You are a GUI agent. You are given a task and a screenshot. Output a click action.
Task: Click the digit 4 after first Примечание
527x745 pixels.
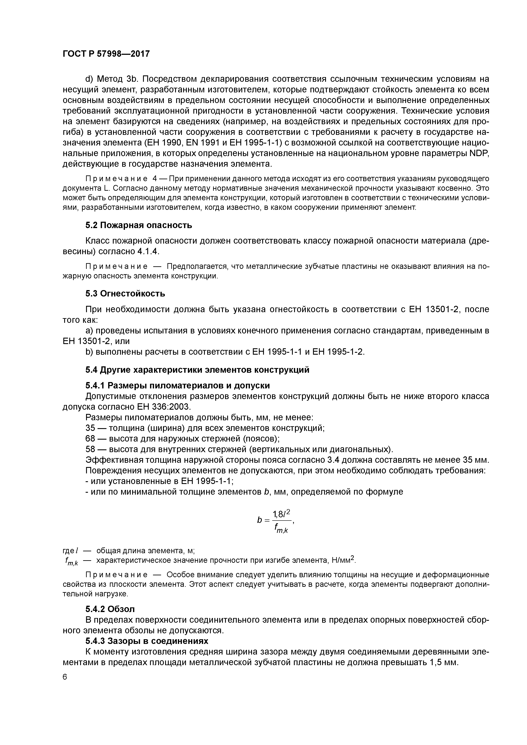[154, 179]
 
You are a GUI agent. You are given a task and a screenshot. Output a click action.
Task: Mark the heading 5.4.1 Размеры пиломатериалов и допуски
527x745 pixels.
[177, 385]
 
